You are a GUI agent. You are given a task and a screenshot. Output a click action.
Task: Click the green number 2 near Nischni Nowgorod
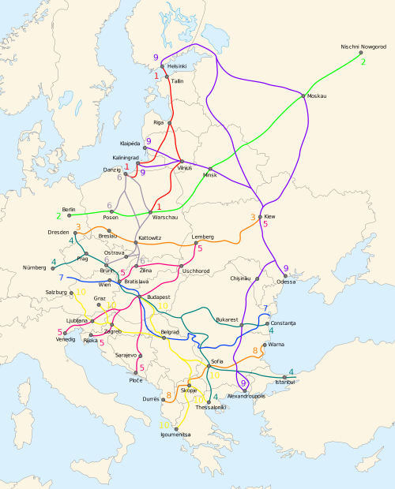363,61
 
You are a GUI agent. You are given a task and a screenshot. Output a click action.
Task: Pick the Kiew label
269,216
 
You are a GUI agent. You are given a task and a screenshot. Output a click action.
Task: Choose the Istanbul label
284,382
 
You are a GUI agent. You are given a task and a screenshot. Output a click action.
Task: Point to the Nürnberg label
35,268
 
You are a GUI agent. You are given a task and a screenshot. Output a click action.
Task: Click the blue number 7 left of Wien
61,278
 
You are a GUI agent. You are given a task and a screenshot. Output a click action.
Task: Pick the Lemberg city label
203,237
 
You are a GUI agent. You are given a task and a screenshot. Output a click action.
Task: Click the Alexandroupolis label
247,395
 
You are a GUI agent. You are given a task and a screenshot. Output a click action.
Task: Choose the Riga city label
159,123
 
